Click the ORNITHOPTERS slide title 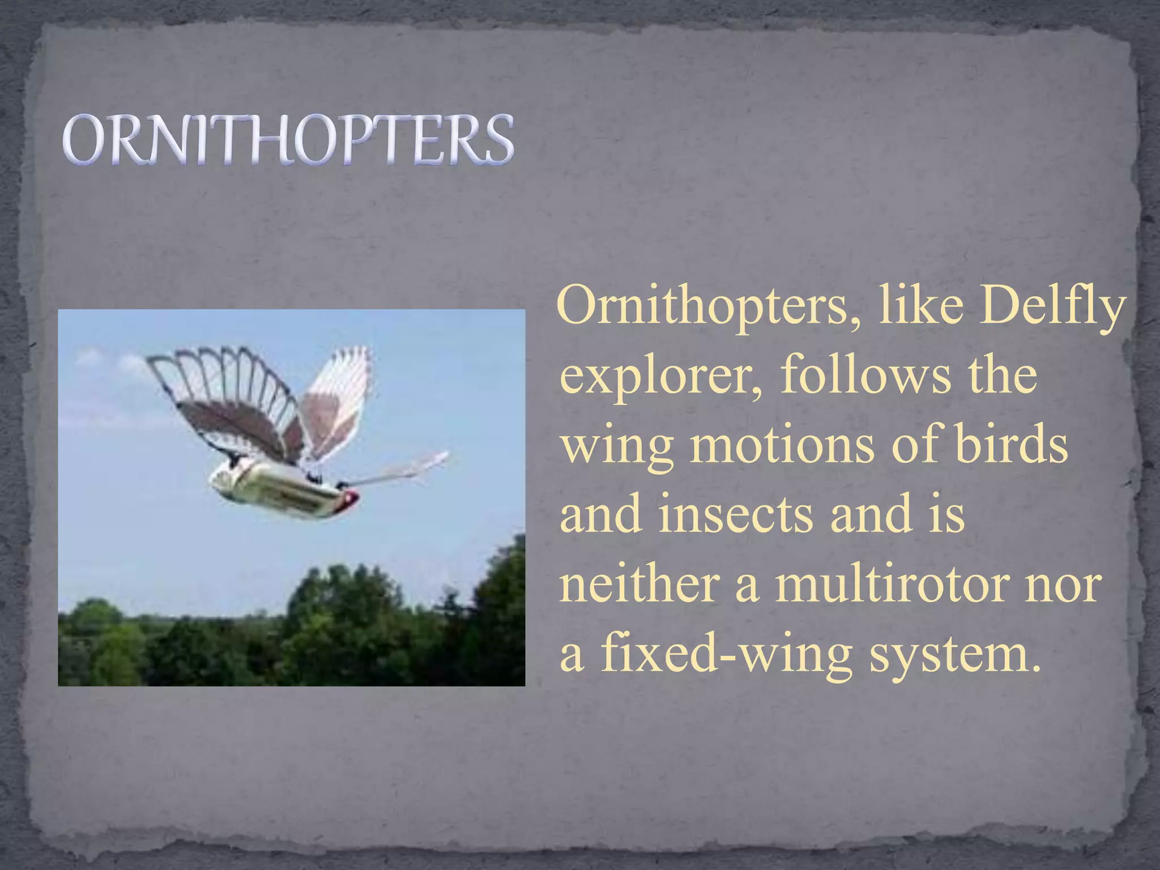288,139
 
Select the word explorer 659,378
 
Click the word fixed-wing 727,654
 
